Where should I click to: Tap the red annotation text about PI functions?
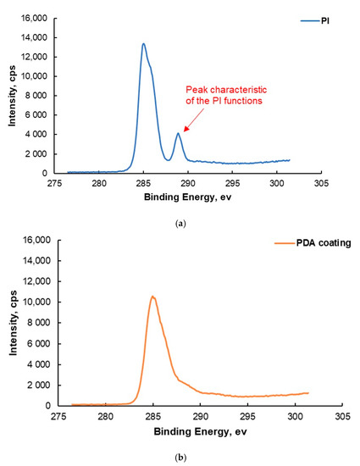[x=239, y=97]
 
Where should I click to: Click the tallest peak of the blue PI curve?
[x=143, y=44]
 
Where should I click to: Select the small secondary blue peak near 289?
[x=178, y=133]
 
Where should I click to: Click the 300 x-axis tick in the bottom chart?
[x=295, y=416]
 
